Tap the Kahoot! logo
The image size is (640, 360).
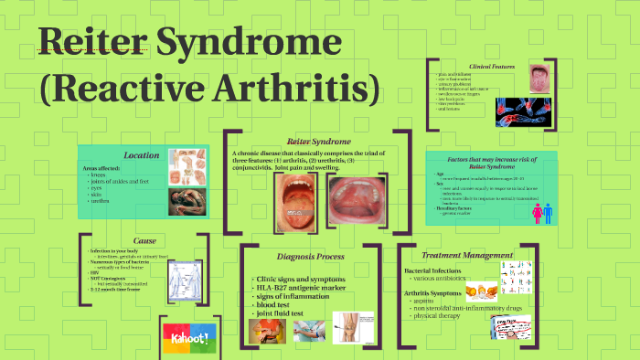point(187,338)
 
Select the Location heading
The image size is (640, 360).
point(141,155)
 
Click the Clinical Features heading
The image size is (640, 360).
point(492,68)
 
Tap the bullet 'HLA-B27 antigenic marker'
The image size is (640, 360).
point(299,288)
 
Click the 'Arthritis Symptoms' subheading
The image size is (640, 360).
point(438,292)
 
